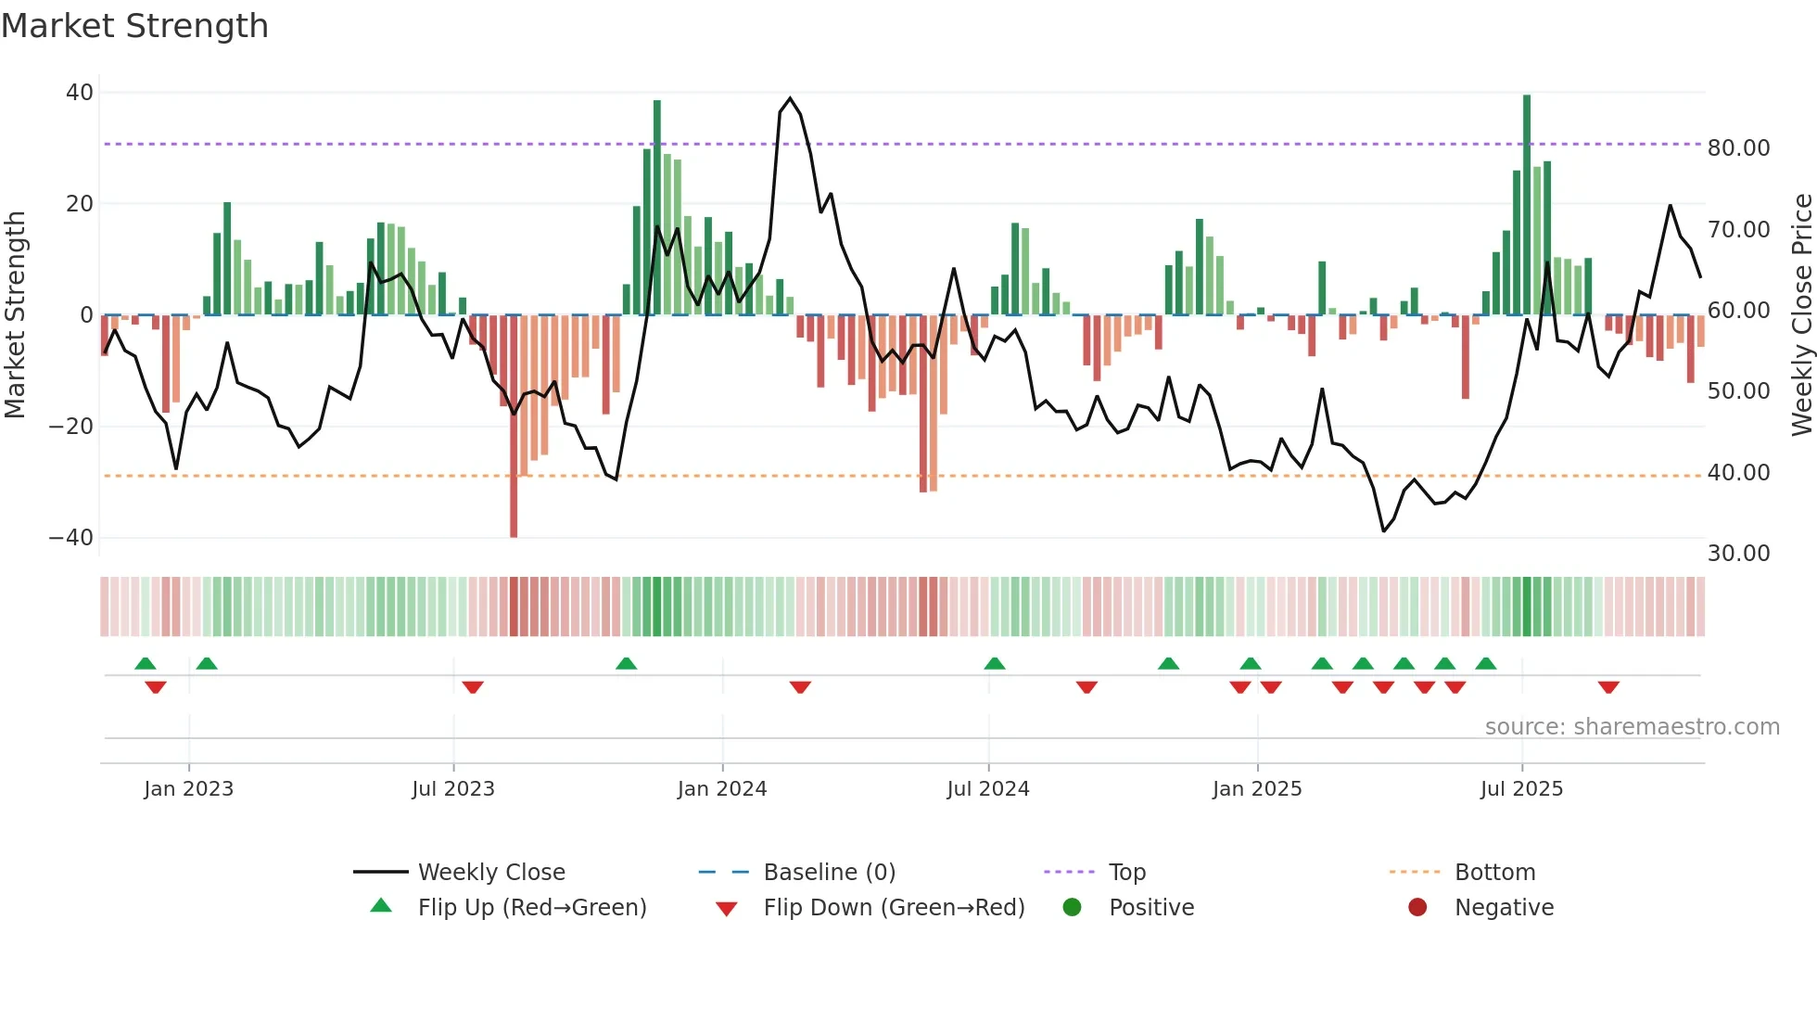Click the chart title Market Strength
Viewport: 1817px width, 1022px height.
[x=134, y=26]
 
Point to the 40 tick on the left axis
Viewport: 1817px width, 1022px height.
[x=80, y=93]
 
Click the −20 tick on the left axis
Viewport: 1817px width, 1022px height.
[x=71, y=427]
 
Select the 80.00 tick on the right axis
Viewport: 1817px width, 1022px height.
[x=1738, y=148]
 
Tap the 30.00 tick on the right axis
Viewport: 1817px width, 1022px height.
[x=1738, y=554]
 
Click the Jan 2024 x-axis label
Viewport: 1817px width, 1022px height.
[x=721, y=789]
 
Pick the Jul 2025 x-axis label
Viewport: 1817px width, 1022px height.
[x=1521, y=789]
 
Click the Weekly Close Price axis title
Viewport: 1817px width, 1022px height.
[x=1801, y=315]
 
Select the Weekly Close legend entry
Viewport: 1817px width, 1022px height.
[x=490, y=873]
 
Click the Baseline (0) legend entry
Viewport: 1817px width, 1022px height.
[x=829, y=873]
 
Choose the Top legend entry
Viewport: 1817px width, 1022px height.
[x=1126, y=873]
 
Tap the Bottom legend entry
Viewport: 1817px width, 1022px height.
[x=1494, y=873]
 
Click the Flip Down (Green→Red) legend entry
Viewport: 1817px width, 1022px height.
[x=893, y=908]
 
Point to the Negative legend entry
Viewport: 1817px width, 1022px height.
[x=1503, y=908]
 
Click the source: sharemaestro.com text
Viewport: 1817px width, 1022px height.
[x=1632, y=727]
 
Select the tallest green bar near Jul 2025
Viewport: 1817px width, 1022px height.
[x=1527, y=204]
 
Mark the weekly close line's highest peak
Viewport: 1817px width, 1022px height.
[x=790, y=98]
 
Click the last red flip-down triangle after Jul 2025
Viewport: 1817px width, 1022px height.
[x=1608, y=687]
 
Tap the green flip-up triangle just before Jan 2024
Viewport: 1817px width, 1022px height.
[x=626, y=663]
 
